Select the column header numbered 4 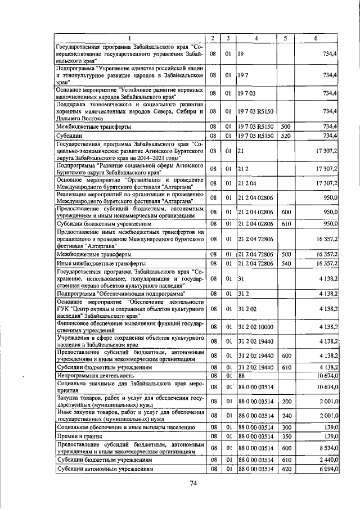[x=256, y=38]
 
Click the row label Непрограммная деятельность [x=94, y=375]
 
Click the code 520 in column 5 [x=285, y=136]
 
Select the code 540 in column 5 [x=285, y=263]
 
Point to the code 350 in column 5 [x=285, y=436]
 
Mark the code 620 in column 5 [x=285, y=468]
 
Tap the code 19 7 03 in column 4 [x=247, y=93]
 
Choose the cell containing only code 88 [x=242, y=375]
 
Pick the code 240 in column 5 [x=285, y=416]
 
